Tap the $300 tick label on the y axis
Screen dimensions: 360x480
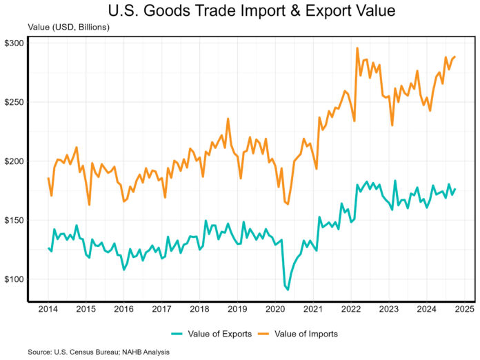[x=14, y=43]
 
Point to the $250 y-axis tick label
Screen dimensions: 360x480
[x=14, y=102]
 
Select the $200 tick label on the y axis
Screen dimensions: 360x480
[x=14, y=161]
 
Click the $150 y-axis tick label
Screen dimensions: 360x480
[x=14, y=221]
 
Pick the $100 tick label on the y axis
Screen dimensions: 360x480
[x=14, y=279]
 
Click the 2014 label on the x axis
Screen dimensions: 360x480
[x=48, y=310]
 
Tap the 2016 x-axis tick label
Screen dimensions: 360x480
[x=123, y=310]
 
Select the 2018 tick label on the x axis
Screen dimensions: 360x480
[x=200, y=310]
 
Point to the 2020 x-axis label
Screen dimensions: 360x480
[x=276, y=310]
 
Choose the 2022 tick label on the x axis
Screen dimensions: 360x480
[x=352, y=310]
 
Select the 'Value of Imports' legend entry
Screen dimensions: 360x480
[x=306, y=334]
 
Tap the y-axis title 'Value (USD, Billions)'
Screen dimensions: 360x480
[x=68, y=27]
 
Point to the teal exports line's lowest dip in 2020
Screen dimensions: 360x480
[x=288, y=290]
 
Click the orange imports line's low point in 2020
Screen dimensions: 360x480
[x=288, y=204]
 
